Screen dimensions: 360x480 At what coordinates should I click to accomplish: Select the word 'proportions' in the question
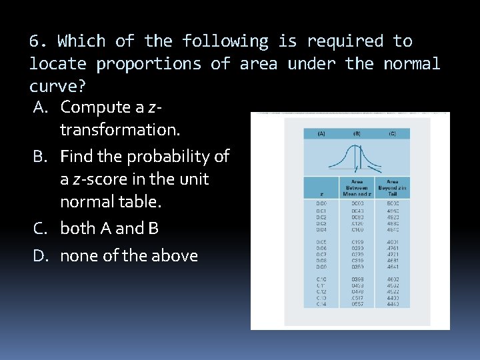pos(149,64)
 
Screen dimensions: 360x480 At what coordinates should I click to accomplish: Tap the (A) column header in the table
pos(321,133)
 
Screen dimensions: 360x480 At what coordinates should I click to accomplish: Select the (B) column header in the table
pos(357,133)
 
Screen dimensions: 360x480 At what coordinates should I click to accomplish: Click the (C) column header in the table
pos(392,133)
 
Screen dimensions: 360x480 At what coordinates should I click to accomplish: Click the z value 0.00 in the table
pos(321,203)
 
